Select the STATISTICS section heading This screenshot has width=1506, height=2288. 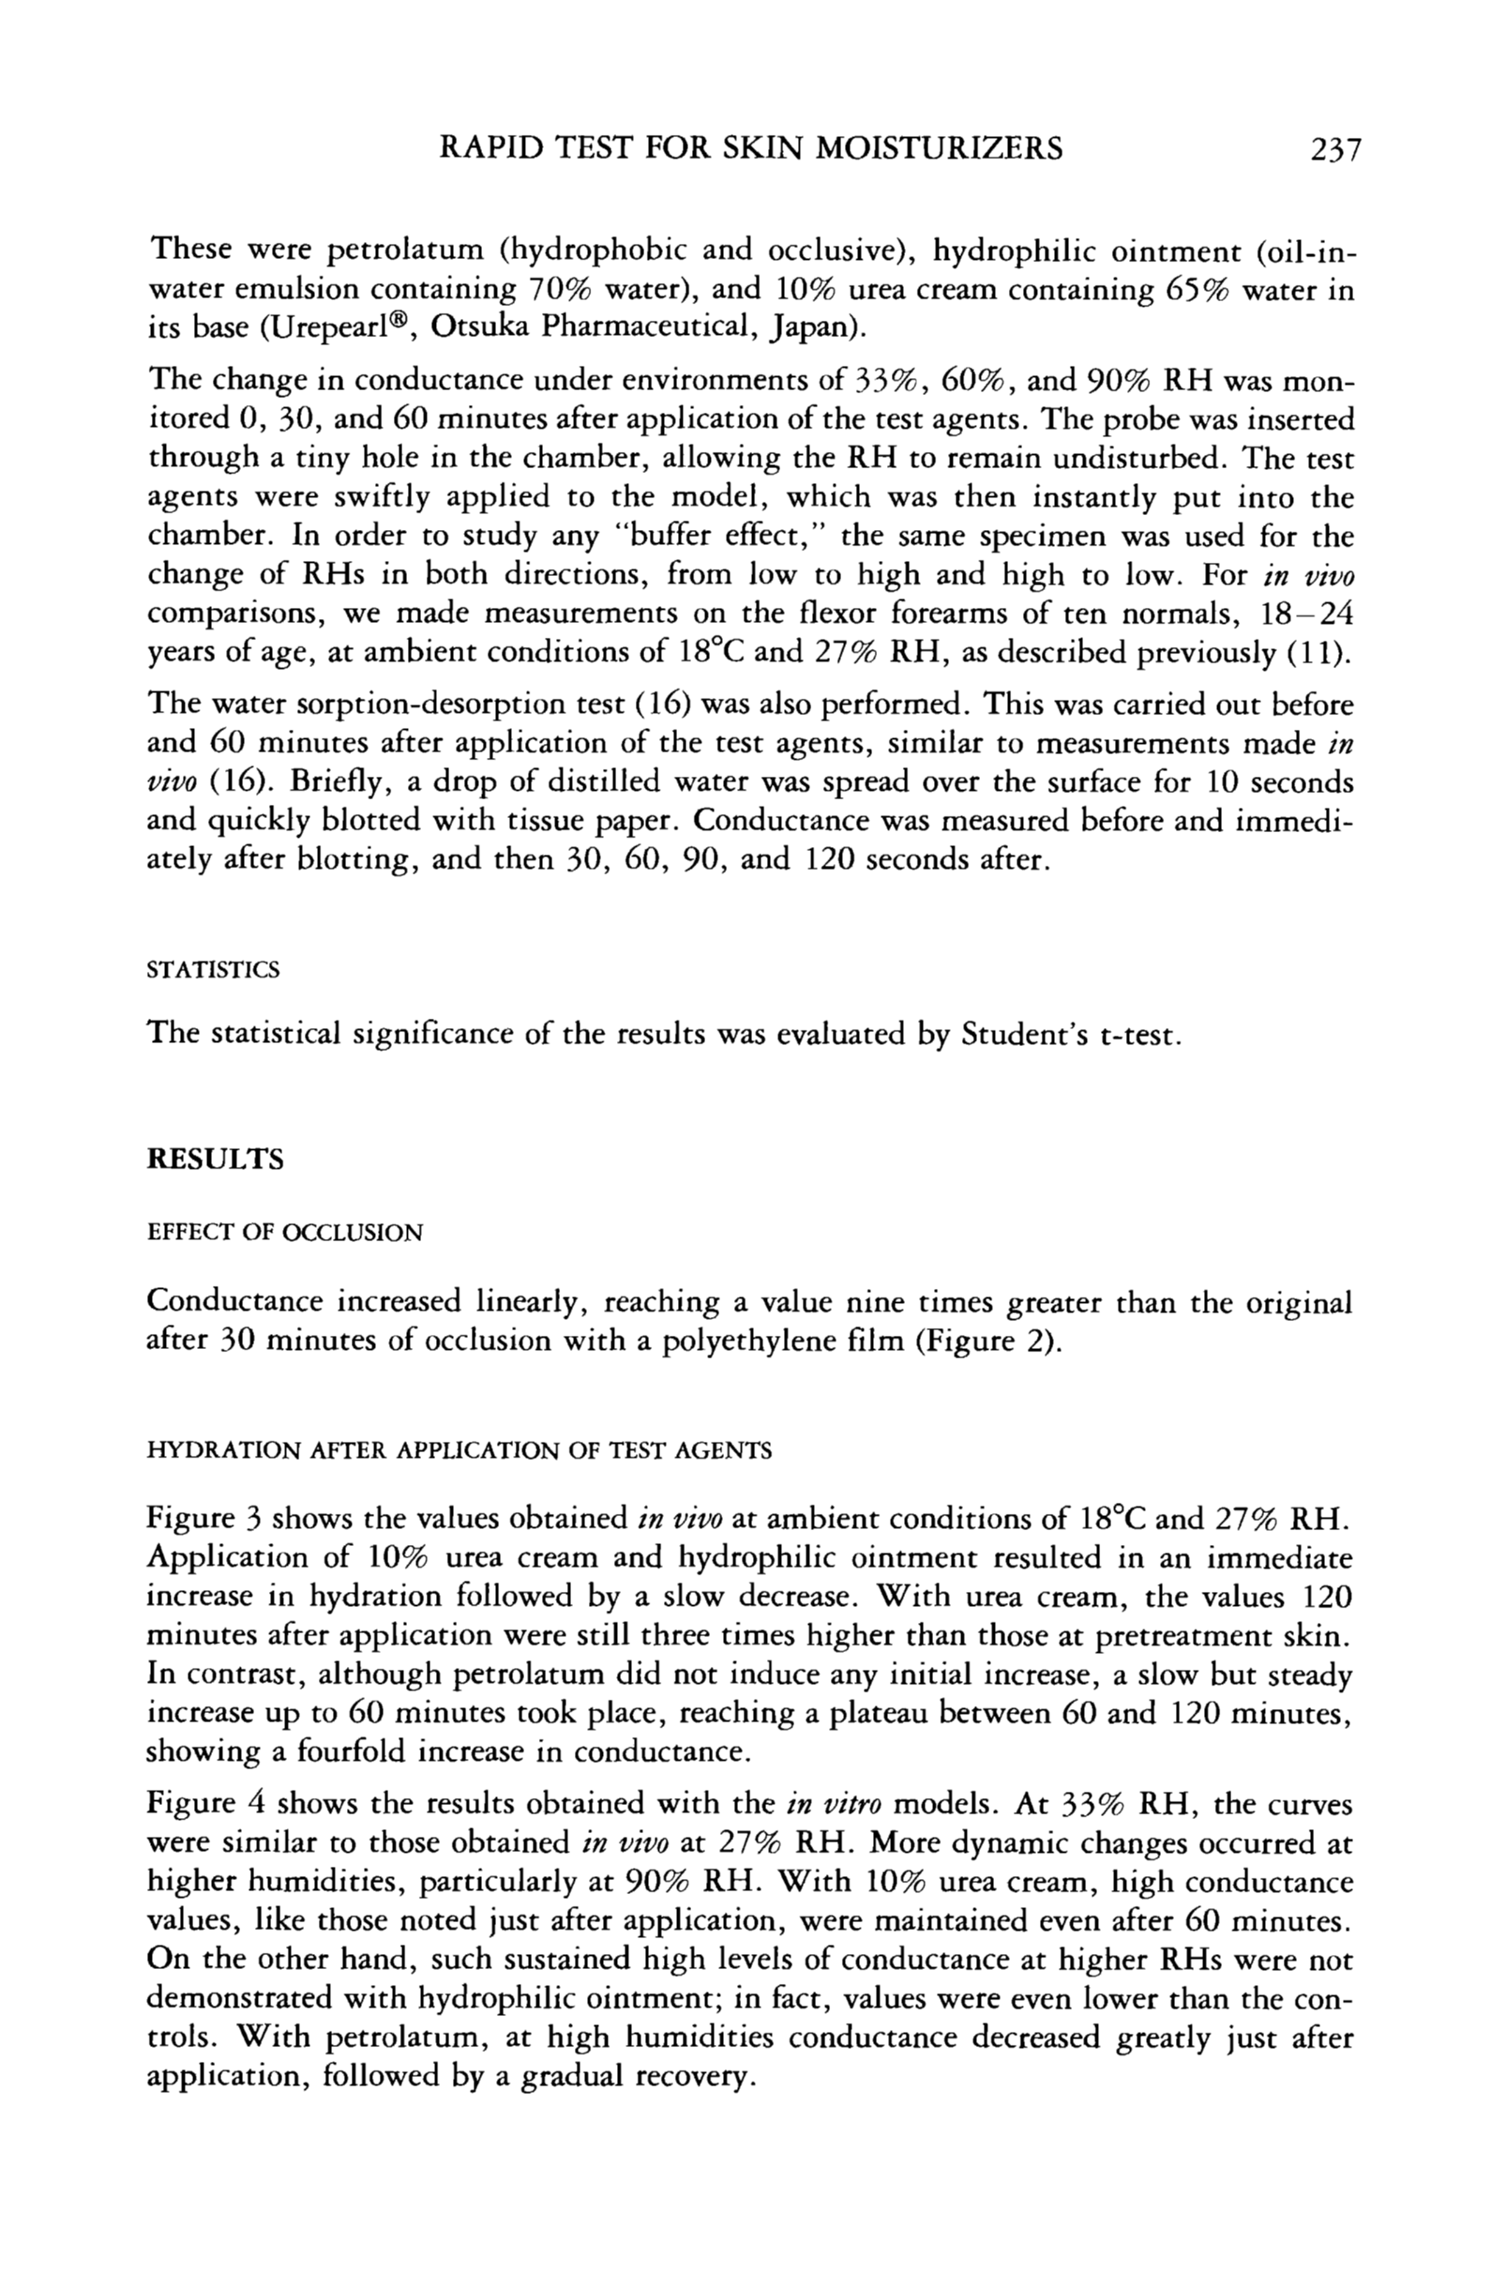click(x=213, y=969)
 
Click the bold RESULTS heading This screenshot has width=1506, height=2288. click(x=216, y=1159)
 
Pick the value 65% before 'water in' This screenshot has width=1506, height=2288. click(x=1195, y=289)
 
